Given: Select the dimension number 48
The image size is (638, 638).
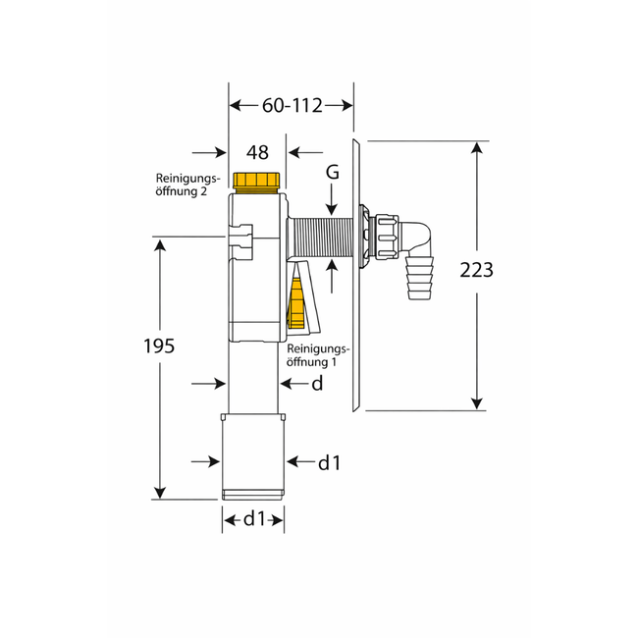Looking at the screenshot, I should pyautogui.click(x=257, y=152).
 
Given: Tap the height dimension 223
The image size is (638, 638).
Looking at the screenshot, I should pyautogui.click(x=476, y=270).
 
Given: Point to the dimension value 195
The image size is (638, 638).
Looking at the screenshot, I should pyautogui.click(x=159, y=346).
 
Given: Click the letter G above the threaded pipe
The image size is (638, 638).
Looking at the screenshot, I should pyautogui.click(x=333, y=173).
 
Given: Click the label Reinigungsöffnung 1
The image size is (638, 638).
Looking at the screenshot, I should pyautogui.click(x=317, y=355).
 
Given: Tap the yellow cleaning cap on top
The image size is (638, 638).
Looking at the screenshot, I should pyautogui.click(x=258, y=181).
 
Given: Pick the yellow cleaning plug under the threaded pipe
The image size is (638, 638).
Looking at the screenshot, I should pyautogui.click(x=295, y=303).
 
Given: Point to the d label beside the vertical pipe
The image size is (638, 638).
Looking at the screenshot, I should pyautogui.click(x=317, y=384).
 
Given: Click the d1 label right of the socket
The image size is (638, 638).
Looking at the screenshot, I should pyautogui.click(x=329, y=460).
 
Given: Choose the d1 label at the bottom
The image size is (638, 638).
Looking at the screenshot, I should pyautogui.click(x=254, y=518).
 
